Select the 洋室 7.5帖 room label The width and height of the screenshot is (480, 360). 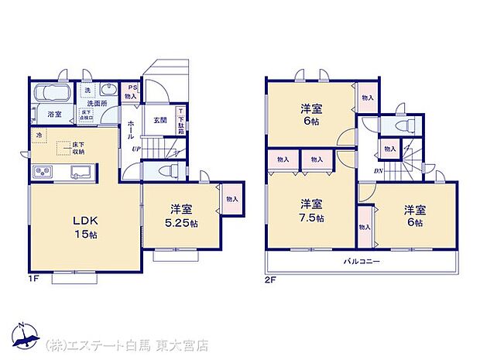(312, 211)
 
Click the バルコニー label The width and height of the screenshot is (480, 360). (362, 262)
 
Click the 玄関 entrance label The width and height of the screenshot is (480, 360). (159, 119)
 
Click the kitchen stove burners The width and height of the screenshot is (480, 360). (43, 171)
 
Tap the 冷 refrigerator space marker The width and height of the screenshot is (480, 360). (38, 135)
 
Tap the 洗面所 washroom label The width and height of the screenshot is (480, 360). (97, 103)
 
